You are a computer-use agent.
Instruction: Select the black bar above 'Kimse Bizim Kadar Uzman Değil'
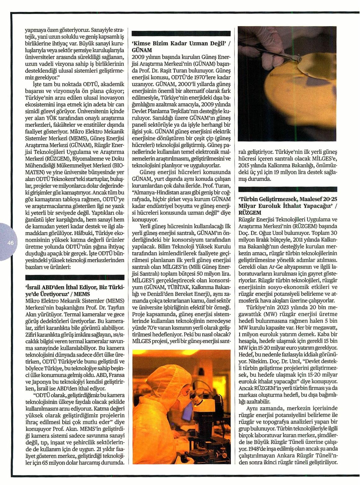(181, 34)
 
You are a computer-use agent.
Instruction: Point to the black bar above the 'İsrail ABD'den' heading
(75, 277)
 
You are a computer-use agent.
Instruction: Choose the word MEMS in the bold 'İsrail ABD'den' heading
(82, 294)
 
